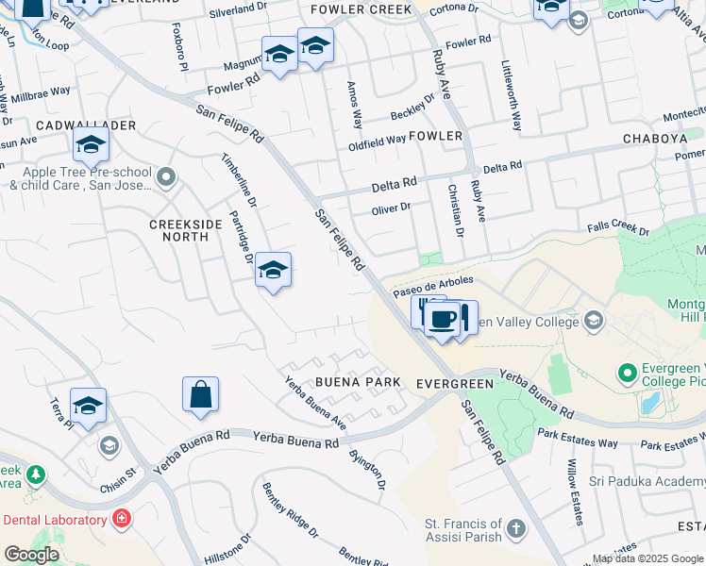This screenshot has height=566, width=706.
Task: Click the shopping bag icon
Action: point(201,394)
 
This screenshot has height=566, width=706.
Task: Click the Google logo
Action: point(30,555)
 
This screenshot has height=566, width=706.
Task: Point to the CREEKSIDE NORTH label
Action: point(179,230)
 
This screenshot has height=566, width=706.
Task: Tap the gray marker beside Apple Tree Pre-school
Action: point(167,176)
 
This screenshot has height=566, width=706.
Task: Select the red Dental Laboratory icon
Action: point(121,519)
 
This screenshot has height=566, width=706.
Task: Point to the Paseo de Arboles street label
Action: point(433,284)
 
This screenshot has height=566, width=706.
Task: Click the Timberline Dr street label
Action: point(240,180)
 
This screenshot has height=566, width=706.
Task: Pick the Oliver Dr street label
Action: point(391,208)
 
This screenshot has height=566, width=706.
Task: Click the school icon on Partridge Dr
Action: point(273,271)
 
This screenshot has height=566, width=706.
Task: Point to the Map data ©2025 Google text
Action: point(647,558)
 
